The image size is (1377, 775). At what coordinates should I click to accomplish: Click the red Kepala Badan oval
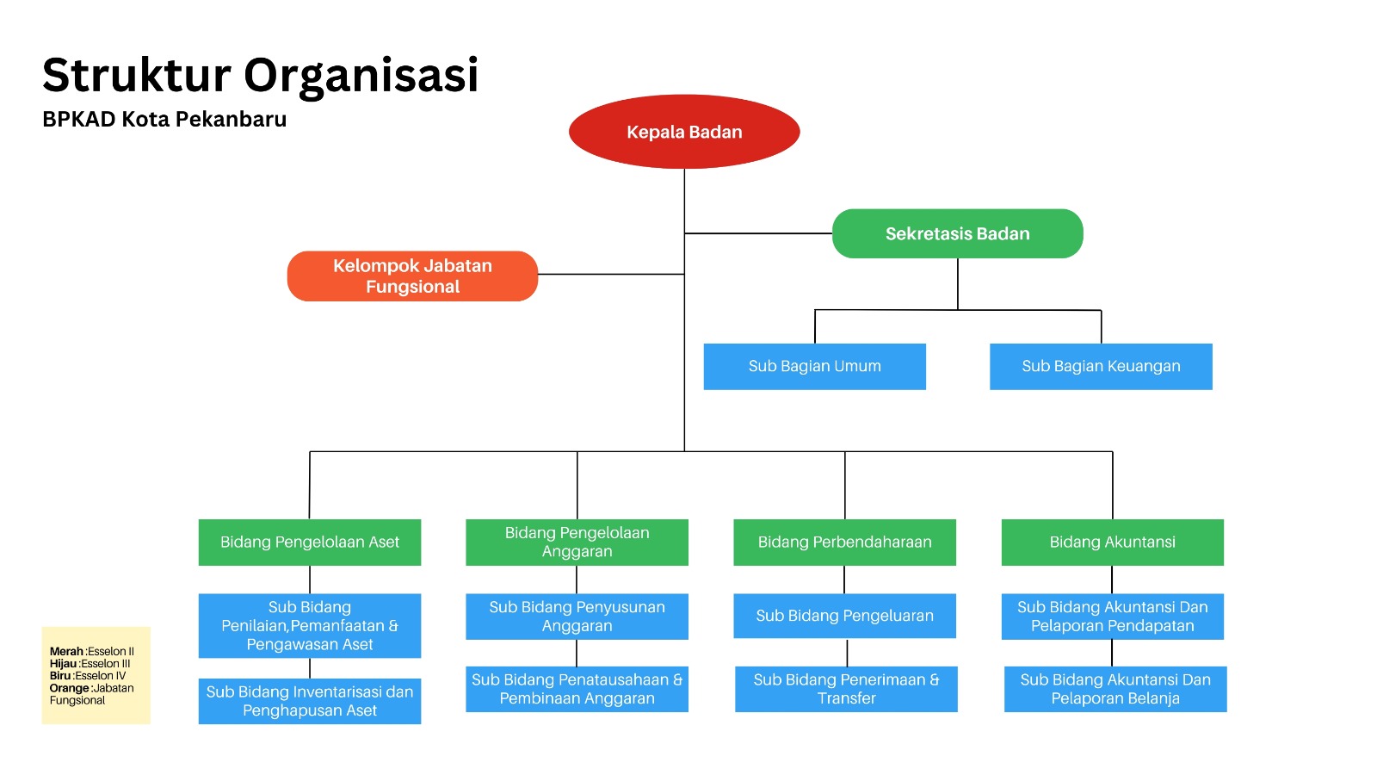[x=684, y=132]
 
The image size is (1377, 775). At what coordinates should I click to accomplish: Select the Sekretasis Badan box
[x=957, y=233]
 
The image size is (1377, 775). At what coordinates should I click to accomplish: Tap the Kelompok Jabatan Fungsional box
[x=412, y=276]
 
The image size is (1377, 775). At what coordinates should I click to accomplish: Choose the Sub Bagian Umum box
[x=814, y=367]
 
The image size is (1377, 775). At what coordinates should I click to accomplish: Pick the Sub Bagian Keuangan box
[x=1101, y=367]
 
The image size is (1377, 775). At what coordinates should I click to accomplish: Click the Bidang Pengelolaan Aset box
[x=310, y=542]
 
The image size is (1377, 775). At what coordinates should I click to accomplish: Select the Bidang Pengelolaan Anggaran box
[x=577, y=542]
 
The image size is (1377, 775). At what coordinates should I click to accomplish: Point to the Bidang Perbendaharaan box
[x=844, y=542]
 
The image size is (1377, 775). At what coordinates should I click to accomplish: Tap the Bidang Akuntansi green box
[x=1112, y=542]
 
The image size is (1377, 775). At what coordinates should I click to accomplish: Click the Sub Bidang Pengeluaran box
[x=844, y=616]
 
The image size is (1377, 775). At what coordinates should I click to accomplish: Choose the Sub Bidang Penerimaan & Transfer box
[x=846, y=689]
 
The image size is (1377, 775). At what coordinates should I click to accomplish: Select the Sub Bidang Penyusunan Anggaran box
[x=577, y=617]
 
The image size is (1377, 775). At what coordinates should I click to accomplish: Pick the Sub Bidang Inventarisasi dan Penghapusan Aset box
[x=310, y=701]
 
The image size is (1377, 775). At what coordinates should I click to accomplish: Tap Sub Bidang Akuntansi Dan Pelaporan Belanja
[x=1115, y=689]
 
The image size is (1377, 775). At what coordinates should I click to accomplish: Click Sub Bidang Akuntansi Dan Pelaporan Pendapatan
[x=1112, y=617]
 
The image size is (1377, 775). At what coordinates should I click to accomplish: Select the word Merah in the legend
[x=66, y=652]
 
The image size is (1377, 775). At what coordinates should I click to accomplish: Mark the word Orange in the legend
[x=69, y=688]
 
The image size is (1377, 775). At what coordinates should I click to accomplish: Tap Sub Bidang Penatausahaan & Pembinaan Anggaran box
[x=577, y=689]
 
